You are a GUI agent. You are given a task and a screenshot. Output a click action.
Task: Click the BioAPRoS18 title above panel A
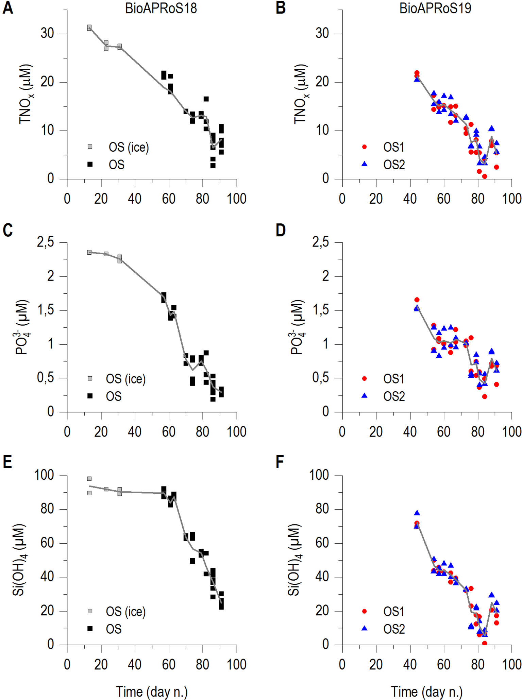point(161,8)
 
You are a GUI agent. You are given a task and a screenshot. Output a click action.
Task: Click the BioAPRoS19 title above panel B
point(435,8)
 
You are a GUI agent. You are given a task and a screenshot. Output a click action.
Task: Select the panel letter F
point(280,462)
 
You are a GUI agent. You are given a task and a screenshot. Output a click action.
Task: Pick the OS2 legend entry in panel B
point(394,165)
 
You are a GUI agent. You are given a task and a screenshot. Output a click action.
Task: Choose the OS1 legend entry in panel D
point(393,379)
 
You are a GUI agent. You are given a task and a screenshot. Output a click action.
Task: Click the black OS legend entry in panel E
point(114,629)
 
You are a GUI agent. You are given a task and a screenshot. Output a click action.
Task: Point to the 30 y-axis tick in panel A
point(47,34)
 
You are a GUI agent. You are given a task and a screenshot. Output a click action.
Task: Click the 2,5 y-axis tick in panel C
point(46,242)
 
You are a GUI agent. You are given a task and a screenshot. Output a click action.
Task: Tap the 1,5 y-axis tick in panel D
point(321,310)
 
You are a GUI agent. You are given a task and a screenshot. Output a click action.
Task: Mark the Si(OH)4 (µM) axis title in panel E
point(20,560)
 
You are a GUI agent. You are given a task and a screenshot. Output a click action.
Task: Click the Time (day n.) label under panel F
point(426,692)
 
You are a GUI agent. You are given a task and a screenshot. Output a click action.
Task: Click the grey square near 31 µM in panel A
point(89,28)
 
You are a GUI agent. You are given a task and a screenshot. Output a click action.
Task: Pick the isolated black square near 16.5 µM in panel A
point(206,99)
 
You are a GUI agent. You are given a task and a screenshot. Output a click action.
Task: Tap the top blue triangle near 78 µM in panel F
point(417,513)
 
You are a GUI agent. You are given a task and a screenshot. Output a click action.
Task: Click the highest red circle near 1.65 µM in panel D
point(417,300)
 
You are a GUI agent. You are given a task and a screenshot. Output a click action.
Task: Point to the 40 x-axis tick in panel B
point(410,199)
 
